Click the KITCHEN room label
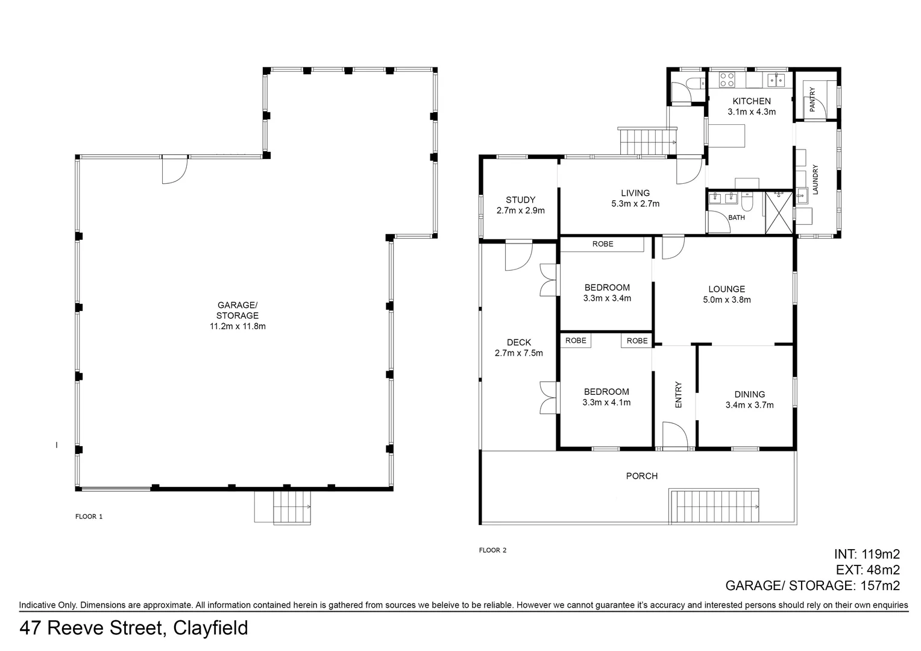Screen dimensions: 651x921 click(751, 101)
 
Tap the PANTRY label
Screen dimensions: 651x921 click(812, 99)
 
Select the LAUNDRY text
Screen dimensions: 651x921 click(815, 180)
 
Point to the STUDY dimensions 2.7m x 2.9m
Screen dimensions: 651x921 click(520, 210)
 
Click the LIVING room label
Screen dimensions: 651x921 click(635, 193)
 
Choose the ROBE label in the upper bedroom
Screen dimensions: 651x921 click(602, 244)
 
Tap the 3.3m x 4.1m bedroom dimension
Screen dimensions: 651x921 click(606, 402)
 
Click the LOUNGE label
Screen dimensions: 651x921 click(726, 289)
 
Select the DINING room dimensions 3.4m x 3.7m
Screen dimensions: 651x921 click(749, 405)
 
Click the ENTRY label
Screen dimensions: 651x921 click(678, 395)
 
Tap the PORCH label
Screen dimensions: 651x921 click(642, 476)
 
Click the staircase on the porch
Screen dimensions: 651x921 click(715, 506)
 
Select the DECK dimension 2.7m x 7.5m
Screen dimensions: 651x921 click(518, 353)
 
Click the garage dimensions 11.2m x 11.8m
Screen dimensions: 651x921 click(237, 326)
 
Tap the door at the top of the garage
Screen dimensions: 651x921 click(175, 169)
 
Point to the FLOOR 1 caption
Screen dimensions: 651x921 click(89, 517)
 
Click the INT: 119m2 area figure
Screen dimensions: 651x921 click(867, 554)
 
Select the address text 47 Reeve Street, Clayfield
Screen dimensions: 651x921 click(134, 628)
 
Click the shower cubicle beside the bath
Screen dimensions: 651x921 click(779, 212)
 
